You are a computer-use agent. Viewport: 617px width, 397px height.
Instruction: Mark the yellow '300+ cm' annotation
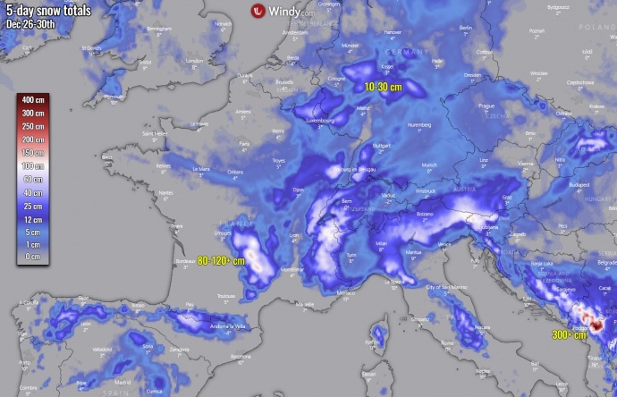tap(569, 334)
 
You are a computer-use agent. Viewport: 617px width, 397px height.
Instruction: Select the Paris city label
tap(243, 142)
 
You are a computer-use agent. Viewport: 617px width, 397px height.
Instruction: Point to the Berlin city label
tap(465, 29)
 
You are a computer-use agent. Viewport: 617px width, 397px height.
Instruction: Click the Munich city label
tap(430, 165)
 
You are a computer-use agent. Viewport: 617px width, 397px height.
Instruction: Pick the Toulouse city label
tap(225, 294)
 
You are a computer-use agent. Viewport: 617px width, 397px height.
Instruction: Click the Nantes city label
tap(165, 192)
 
